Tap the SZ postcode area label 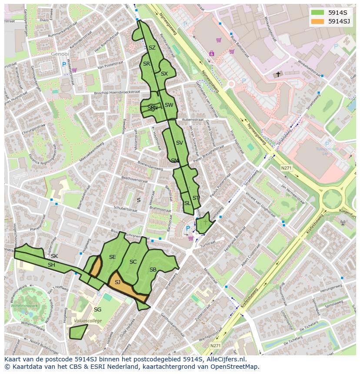pyautogui.click(x=152, y=48)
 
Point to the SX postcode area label pyautogui.click(x=164, y=74)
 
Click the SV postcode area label pyautogui.click(x=179, y=142)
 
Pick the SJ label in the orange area pyautogui.click(x=117, y=282)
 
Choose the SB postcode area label pyautogui.click(x=153, y=270)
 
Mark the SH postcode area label pyautogui.click(x=51, y=265)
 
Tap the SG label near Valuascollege pyautogui.click(x=97, y=309)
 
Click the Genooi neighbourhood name pyautogui.click(x=60, y=54)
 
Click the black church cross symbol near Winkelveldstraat pyautogui.click(x=278, y=74)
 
